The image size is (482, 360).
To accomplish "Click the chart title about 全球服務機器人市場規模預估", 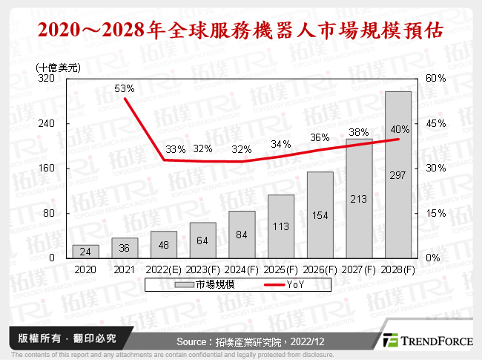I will coord(241,30).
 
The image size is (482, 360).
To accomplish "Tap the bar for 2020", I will coord(85,251).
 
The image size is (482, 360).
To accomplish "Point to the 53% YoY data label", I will coord(124,88).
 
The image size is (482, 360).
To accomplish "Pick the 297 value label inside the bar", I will coord(398,175).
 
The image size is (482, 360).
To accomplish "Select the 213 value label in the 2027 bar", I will coord(359,198).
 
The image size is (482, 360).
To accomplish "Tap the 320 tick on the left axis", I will coord(46,78).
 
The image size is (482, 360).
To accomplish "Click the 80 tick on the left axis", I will coord(49,213).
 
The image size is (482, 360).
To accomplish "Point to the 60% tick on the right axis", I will coord(435,78).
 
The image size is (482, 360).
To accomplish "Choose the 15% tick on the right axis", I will coord(435,213).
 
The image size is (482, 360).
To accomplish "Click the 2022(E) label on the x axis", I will coord(163,270).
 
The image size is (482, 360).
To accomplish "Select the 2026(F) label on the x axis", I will coord(320,270).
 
